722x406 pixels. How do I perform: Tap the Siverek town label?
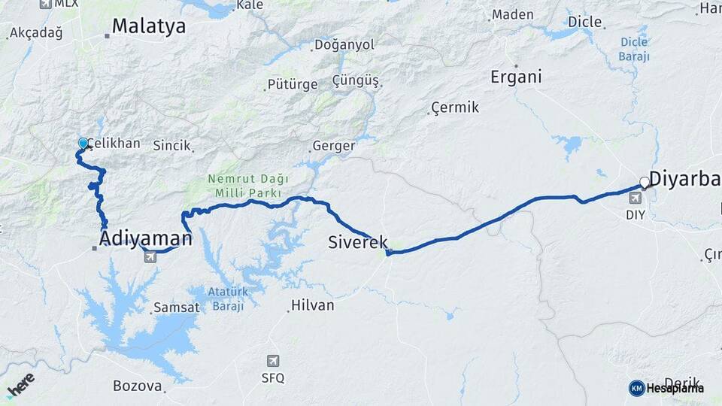[x=358, y=242]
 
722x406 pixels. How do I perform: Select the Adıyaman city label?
[x=145, y=239]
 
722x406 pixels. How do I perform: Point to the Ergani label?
[x=516, y=77]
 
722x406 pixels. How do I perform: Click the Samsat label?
[x=176, y=308]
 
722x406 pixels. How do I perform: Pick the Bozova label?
[x=137, y=386]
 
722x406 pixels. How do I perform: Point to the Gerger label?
[x=332, y=146]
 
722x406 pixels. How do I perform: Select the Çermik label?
[x=455, y=108]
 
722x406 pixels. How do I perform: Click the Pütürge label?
[x=293, y=84]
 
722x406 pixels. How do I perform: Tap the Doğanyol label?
[x=344, y=45]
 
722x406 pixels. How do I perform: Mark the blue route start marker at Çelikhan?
[x=83, y=143]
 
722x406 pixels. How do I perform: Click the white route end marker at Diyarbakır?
[x=645, y=182]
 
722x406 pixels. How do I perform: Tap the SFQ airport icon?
[x=272, y=362]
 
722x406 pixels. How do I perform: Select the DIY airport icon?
[x=636, y=198]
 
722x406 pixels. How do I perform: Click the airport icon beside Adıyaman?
[x=150, y=258]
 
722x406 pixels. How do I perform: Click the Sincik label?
[x=171, y=145]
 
